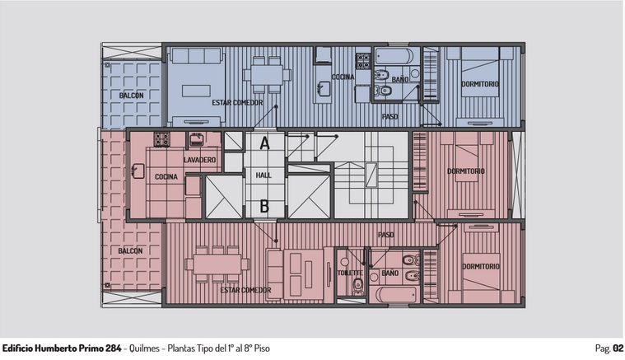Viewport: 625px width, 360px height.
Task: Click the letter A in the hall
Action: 264,143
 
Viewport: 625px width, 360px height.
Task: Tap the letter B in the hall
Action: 264,207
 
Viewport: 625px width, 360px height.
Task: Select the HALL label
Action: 264,175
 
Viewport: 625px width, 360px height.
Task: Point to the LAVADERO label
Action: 200,160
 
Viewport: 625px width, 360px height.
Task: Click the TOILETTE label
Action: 350,274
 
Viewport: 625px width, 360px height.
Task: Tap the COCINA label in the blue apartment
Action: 343,77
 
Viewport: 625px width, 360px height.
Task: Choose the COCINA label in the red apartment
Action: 166,176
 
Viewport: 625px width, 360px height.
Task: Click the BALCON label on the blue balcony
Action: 131,96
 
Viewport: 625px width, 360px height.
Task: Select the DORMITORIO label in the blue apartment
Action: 480,84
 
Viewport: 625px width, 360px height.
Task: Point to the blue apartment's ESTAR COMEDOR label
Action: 237,103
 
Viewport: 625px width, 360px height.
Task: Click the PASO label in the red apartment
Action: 386,235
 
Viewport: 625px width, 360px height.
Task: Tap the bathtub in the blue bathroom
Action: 394,56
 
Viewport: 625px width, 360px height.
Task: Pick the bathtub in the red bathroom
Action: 396,295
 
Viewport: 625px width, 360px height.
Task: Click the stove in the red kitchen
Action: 162,139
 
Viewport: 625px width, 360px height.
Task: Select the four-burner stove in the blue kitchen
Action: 363,61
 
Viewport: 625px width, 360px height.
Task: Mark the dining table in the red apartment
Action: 217,264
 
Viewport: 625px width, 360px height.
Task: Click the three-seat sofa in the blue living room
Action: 196,55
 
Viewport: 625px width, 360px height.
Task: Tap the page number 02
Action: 618,348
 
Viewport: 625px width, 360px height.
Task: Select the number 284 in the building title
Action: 113,348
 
